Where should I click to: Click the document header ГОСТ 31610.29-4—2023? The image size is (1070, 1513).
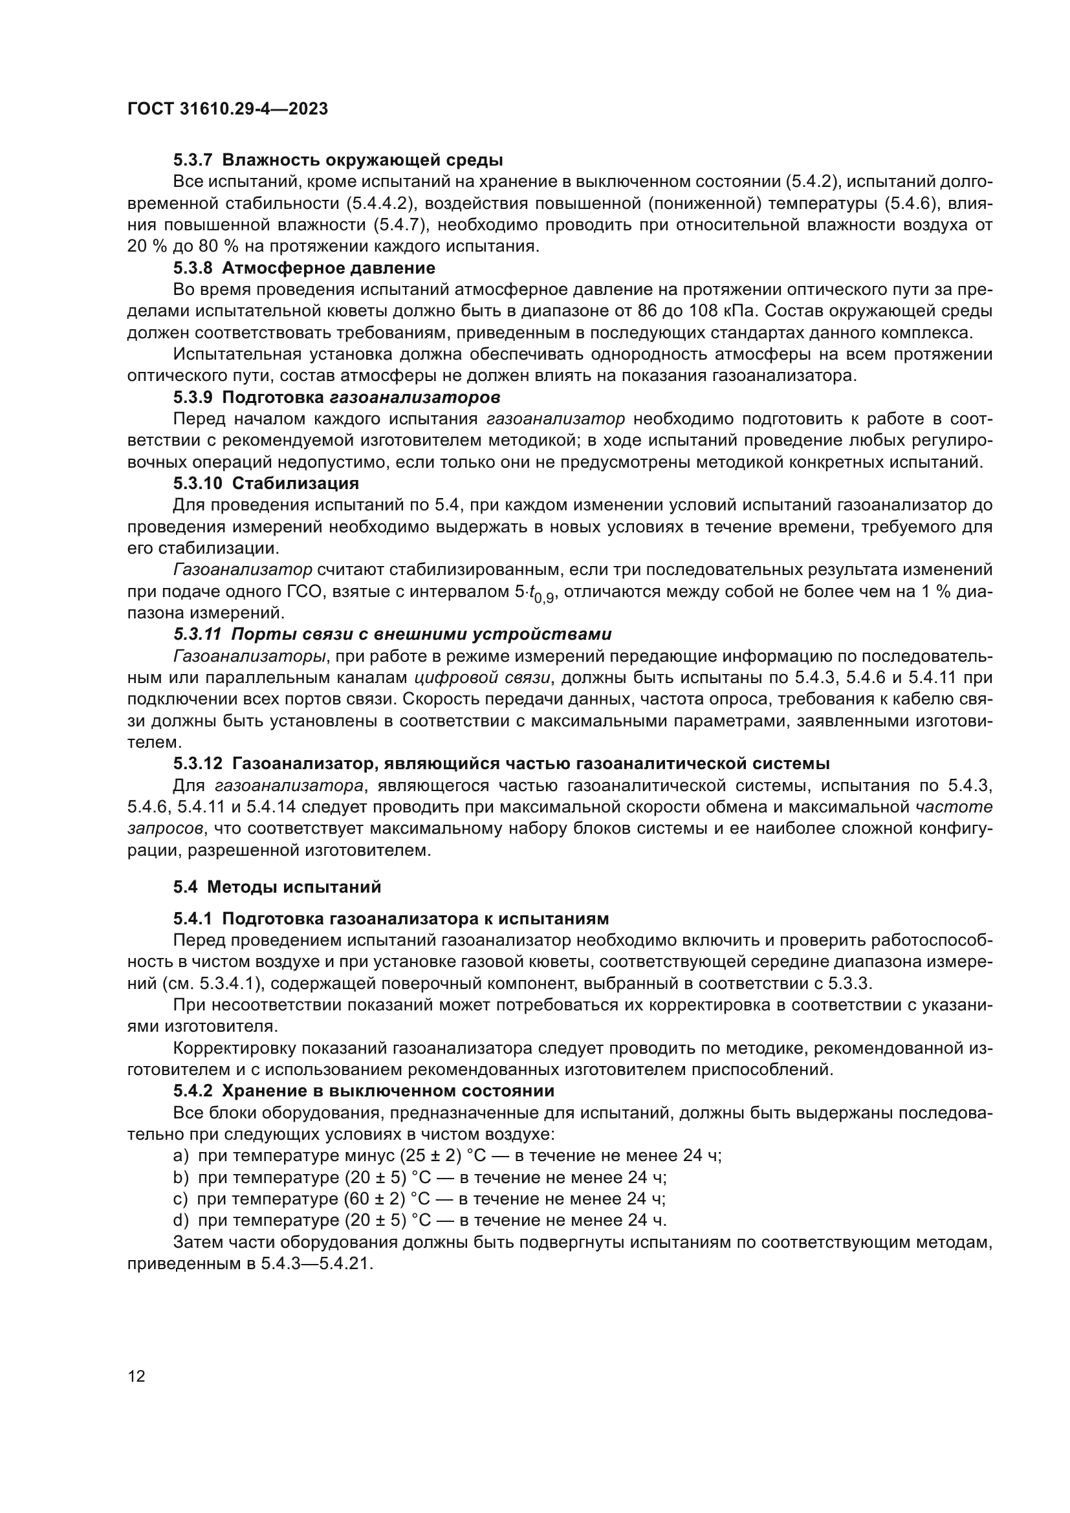227,109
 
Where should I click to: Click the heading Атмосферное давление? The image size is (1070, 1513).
328,268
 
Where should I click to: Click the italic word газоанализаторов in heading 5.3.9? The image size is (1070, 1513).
415,397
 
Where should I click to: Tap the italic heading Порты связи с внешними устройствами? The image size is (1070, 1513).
422,635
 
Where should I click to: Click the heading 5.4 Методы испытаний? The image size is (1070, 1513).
278,887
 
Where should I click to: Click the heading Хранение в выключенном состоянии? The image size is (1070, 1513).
388,1091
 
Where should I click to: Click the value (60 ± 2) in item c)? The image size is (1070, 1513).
373,1199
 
